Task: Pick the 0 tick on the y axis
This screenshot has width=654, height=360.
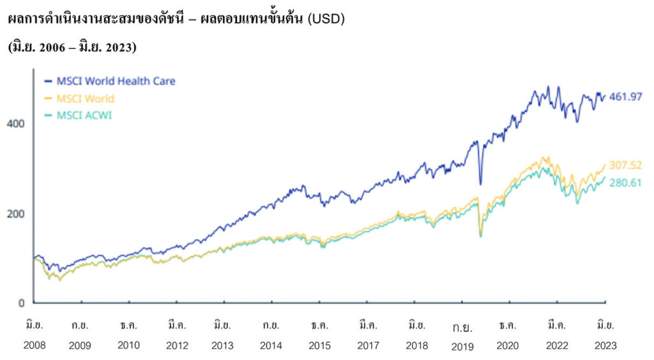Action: pos(20,303)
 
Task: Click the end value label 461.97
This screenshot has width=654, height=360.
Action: pos(625,97)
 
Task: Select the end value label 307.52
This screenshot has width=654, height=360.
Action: pos(625,165)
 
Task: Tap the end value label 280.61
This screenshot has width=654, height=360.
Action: pos(625,182)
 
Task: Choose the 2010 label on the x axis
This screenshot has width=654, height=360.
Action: pos(128,346)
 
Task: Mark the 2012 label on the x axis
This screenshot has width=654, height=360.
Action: pos(176,346)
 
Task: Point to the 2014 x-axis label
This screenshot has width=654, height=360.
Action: pos(271,346)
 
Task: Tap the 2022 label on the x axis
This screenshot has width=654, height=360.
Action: pos(557,346)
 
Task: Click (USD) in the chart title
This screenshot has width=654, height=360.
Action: pos(326,19)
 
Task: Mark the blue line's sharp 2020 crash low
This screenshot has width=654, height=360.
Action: pos(480,184)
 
